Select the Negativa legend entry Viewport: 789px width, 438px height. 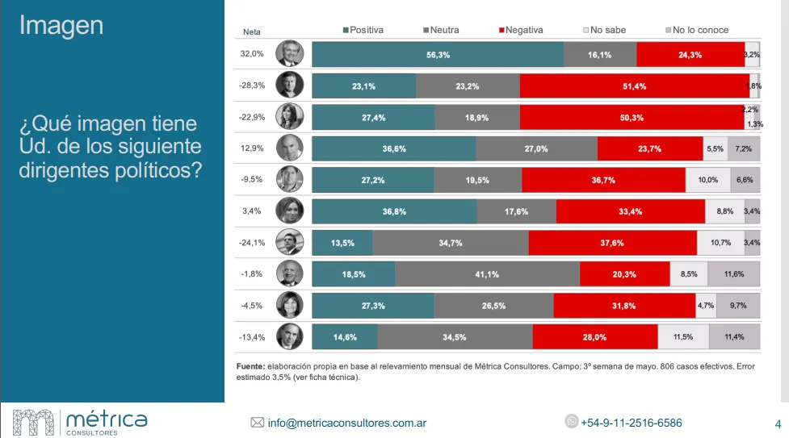click(521, 30)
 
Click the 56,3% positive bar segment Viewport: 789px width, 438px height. click(438, 54)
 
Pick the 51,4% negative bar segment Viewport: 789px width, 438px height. click(634, 86)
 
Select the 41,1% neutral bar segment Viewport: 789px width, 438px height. click(487, 274)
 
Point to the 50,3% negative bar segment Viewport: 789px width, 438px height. click(632, 117)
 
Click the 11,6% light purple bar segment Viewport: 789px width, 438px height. click(734, 274)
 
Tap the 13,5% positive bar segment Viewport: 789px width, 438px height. click(342, 243)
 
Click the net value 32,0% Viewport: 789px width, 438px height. click(252, 53)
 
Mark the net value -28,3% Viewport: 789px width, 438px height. click(251, 85)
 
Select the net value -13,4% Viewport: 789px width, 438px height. click(251, 337)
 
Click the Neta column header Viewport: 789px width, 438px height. click(252, 31)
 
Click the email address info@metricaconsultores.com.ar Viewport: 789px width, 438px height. click(347, 423)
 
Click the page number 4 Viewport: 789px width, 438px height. click(777, 423)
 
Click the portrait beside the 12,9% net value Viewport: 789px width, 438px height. click(289, 148)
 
